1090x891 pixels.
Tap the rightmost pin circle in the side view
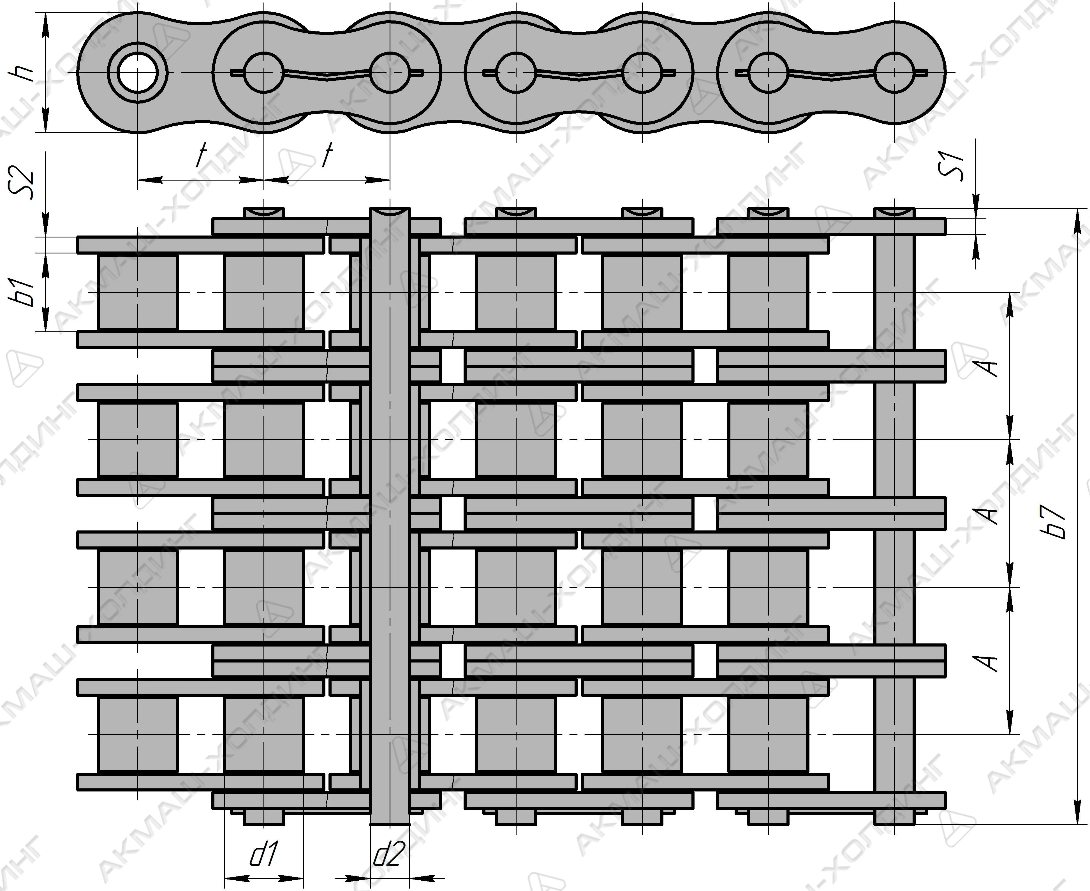[x=894, y=72]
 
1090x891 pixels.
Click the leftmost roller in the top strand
[x=138, y=292]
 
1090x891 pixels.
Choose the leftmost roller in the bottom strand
[x=138, y=734]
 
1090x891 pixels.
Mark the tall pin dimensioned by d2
[x=390, y=513]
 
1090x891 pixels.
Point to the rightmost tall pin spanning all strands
[x=894, y=513]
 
